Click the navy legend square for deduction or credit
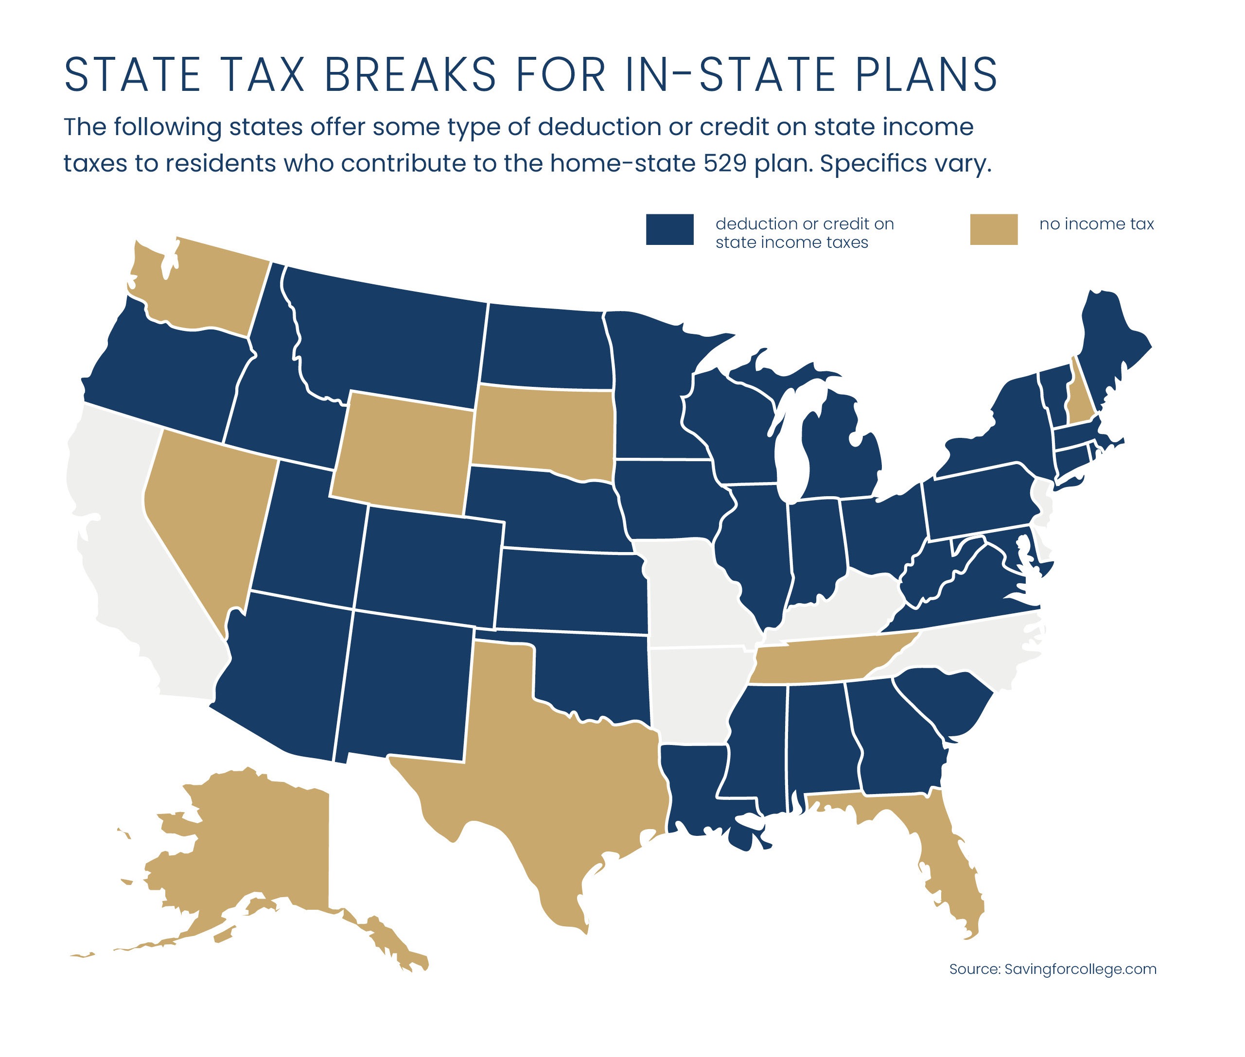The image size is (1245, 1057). pos(669,229)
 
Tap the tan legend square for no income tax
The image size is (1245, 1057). pos(993,229)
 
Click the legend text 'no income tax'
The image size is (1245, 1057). pos(1096,224)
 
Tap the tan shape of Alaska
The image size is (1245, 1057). pos(258,851)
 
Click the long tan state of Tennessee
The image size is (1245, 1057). pos(827,662)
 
